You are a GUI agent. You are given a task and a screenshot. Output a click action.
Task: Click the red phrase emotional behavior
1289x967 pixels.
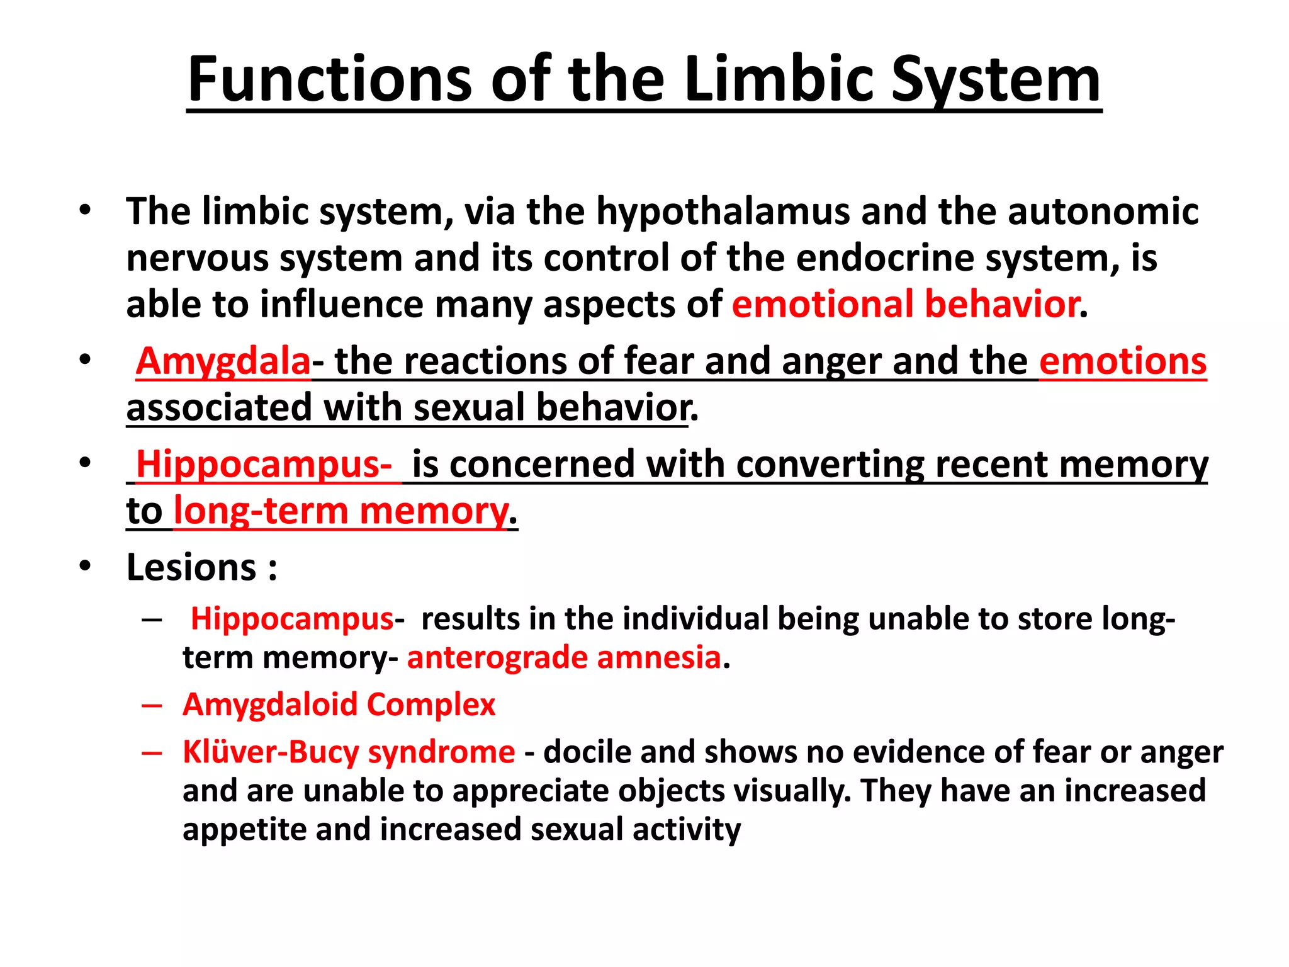pyautogui.click(x=906, y=305)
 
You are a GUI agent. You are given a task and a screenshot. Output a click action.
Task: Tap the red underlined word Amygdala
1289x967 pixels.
pyautogui.click(x=223, y=361)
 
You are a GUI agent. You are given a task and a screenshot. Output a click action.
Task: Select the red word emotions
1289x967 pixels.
pyautogui.click(x=1123, y=361)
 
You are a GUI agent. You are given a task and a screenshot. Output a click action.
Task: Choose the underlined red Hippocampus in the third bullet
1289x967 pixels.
pyautogui.click(x=264, y=465)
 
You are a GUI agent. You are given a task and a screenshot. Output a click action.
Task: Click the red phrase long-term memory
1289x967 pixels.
pyautogui.click(x=341, y=511)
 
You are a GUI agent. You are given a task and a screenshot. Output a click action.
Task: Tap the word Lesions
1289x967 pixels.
pyautogui.click(x=191, y=568)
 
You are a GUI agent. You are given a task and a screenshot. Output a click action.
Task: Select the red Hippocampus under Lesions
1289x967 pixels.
pyautogui.click(x=292, y=619)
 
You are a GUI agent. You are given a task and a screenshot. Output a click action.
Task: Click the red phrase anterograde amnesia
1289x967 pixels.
pyautogui.click(x=564, y=658)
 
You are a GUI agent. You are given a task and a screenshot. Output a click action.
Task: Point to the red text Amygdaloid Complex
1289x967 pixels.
pyautogui.click(x=339, y=704)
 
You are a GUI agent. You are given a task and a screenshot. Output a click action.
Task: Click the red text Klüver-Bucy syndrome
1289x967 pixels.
pyautogui.click(x=349, y=752)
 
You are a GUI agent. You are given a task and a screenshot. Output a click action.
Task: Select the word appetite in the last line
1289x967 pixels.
pyautogui.click(x=244, y=830)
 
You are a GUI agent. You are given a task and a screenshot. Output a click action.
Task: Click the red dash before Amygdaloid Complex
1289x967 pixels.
pyautogui.click(x=152, y=706)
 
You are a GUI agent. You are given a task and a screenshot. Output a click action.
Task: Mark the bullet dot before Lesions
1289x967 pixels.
pyautogui.click(x=86, y=566)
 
